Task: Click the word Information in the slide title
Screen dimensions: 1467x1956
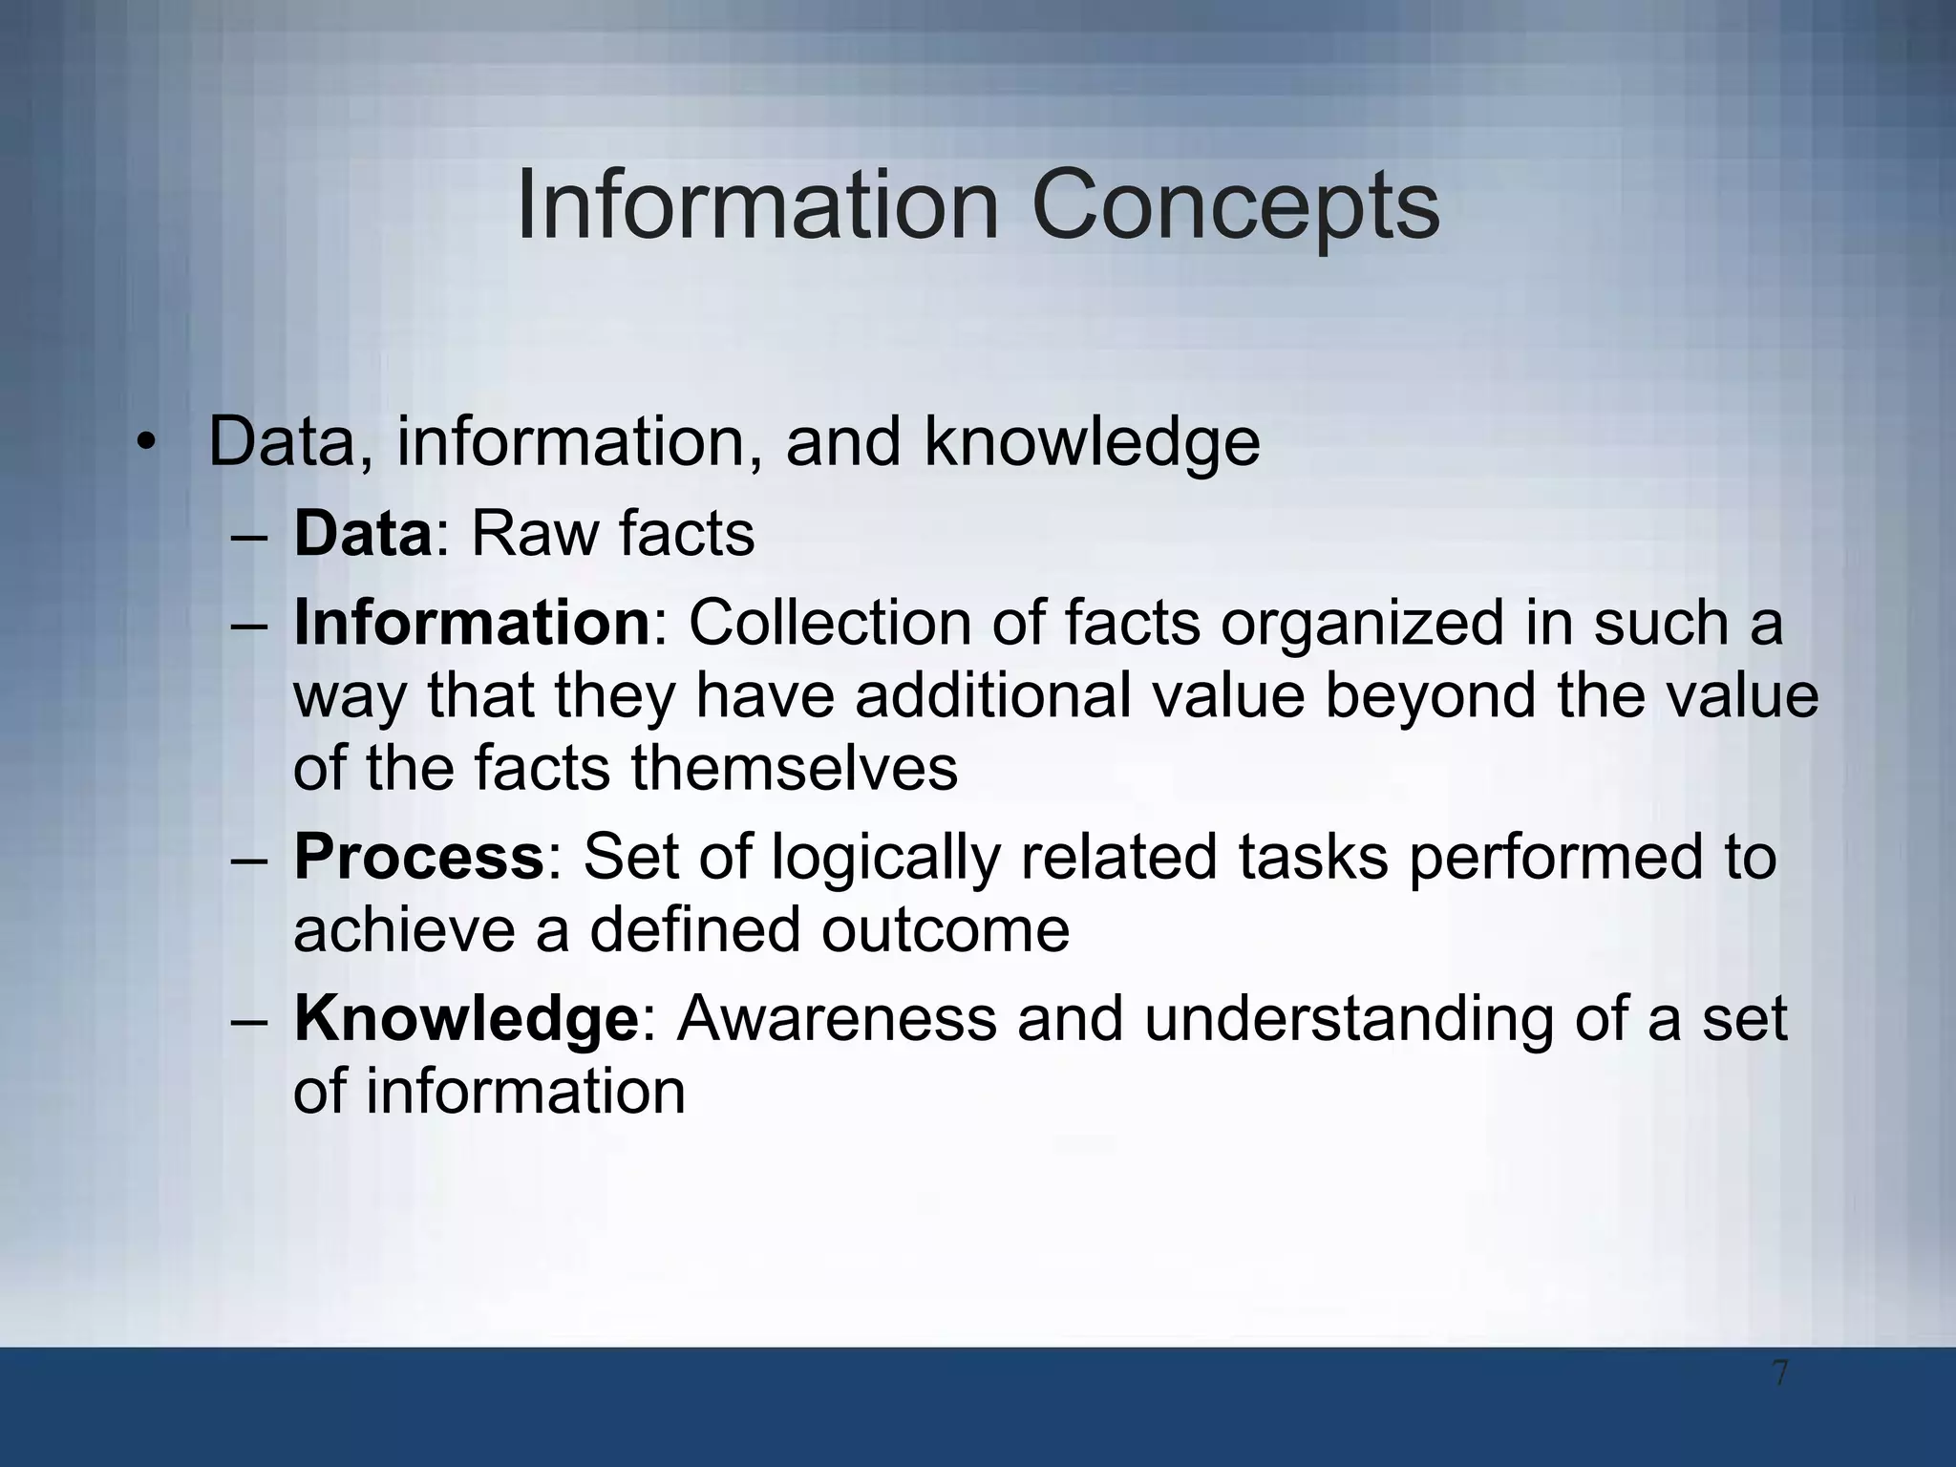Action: point(757,205)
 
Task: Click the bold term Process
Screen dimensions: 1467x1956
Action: point(418,856)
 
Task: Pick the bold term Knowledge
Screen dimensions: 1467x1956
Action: point(466,1018)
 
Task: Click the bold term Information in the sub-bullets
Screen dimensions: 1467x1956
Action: point(472,623)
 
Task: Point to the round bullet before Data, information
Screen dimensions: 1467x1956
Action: point(144,442)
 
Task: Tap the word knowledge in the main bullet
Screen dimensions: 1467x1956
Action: point(1092,442)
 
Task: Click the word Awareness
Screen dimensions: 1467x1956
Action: point(837,1018)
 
